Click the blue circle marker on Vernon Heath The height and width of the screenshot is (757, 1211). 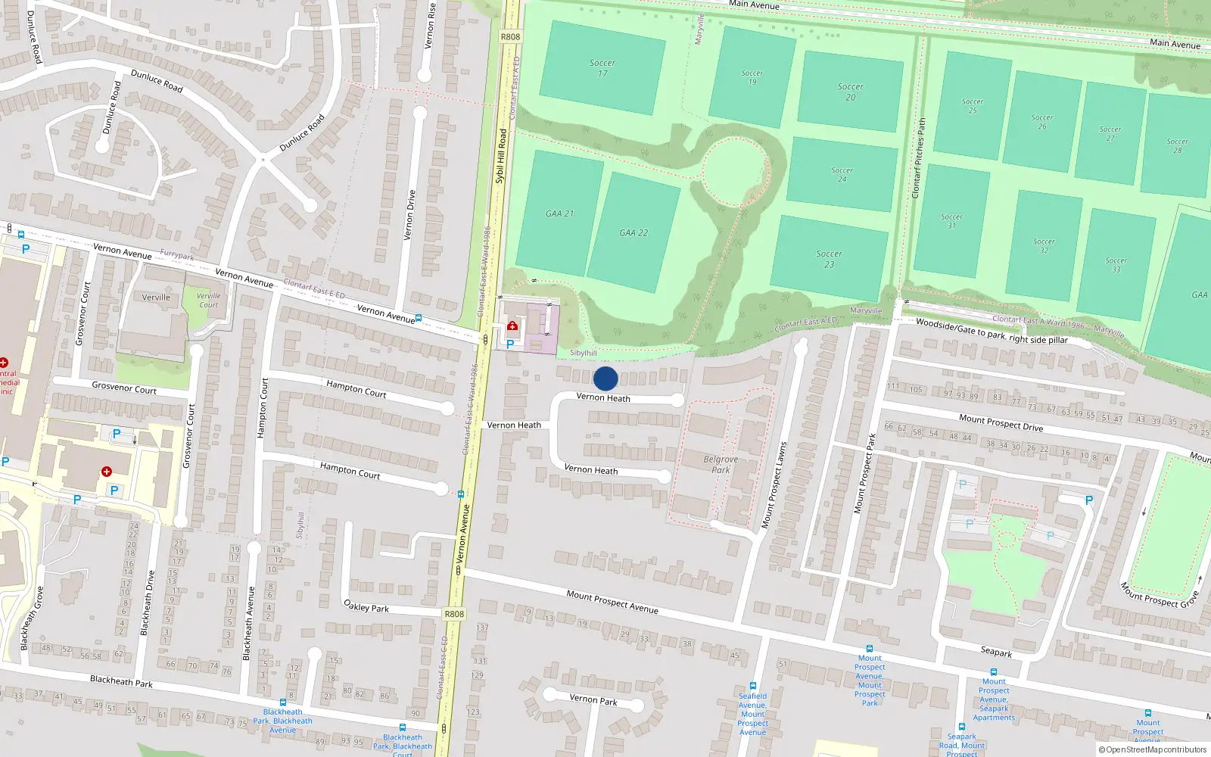pyautogui.click(x=605, y=378)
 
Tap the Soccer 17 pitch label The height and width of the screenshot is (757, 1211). pyautogui.click(x=602, y=68)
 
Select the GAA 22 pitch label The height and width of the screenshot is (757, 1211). pyautogui.click(x=634, y=233)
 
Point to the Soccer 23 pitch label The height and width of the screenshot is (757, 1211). pyautogui.click(x=829, y=259)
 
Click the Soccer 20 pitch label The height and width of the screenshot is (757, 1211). pyautogui.click(x=850, y=92)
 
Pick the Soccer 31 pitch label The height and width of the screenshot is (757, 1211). pyautogui.click(x=951, y=221)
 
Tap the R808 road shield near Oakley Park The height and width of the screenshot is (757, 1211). pyautogui.click(x=454, y=614)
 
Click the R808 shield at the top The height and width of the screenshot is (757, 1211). pyautogui.click(x=511, y=36)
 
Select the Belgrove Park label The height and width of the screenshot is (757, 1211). pyautogui.click(x=721, y=464)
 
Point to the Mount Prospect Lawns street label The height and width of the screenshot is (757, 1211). pyautogui.click(x=774, y=485)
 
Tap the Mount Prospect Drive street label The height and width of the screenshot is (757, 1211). pyautogui.click(x=1001, y=422)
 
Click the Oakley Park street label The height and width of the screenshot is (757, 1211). pyautogui.click(x=366, y=606)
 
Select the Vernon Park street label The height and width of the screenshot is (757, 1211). pyautogui.click(x=593, y=699)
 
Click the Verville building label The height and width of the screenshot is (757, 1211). pyautogui.click(x=156, y=298)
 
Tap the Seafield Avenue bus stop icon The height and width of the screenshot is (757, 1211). pyautogui.click(x=753, y=686)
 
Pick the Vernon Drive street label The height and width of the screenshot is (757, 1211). pyautogui.click(x=410, y=215)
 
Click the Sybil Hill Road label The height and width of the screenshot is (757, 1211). pyautogui.click(x=501, y=156)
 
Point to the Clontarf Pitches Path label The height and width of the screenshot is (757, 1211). pyautogui.click(x=919, y=158)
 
